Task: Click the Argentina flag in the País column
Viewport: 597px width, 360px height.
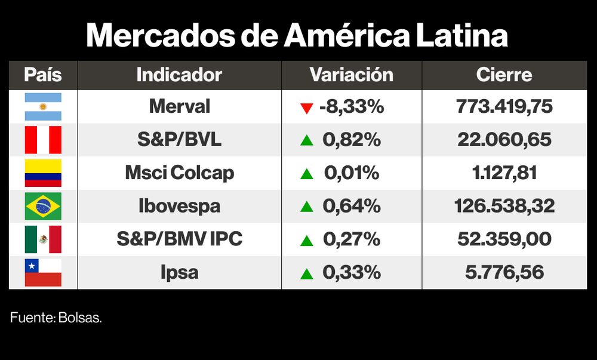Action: pos(43,107)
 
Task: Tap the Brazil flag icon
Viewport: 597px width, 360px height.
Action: pos(43,207)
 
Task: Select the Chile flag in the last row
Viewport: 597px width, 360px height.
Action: pos(43,273)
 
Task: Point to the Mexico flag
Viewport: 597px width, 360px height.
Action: pos(43,239)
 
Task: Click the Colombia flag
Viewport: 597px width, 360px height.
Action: pos(43,173)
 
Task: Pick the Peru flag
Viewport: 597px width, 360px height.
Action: pos(43,140)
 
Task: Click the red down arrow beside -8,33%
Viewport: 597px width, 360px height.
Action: pos(307,108)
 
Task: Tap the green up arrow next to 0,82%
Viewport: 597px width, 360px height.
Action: pos(307,140)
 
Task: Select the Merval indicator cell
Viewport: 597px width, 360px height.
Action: pos(179,107)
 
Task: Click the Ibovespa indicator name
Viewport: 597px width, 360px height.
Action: pos(179,207)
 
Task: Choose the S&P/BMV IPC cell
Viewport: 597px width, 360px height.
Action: pos(179,239)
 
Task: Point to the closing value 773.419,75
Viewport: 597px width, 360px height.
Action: pos(504,107)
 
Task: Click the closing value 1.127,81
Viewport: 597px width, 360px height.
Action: pos(504,173)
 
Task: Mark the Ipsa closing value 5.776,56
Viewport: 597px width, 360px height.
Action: pos(504,273)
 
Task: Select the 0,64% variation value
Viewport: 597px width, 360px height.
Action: pos(352,207)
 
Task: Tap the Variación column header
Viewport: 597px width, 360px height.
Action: pos(351,75)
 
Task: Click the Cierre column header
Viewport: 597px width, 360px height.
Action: pos(504,75)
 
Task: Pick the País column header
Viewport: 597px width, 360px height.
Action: pos(43,75)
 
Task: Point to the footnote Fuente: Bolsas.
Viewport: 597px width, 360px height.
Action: pos(56,318)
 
